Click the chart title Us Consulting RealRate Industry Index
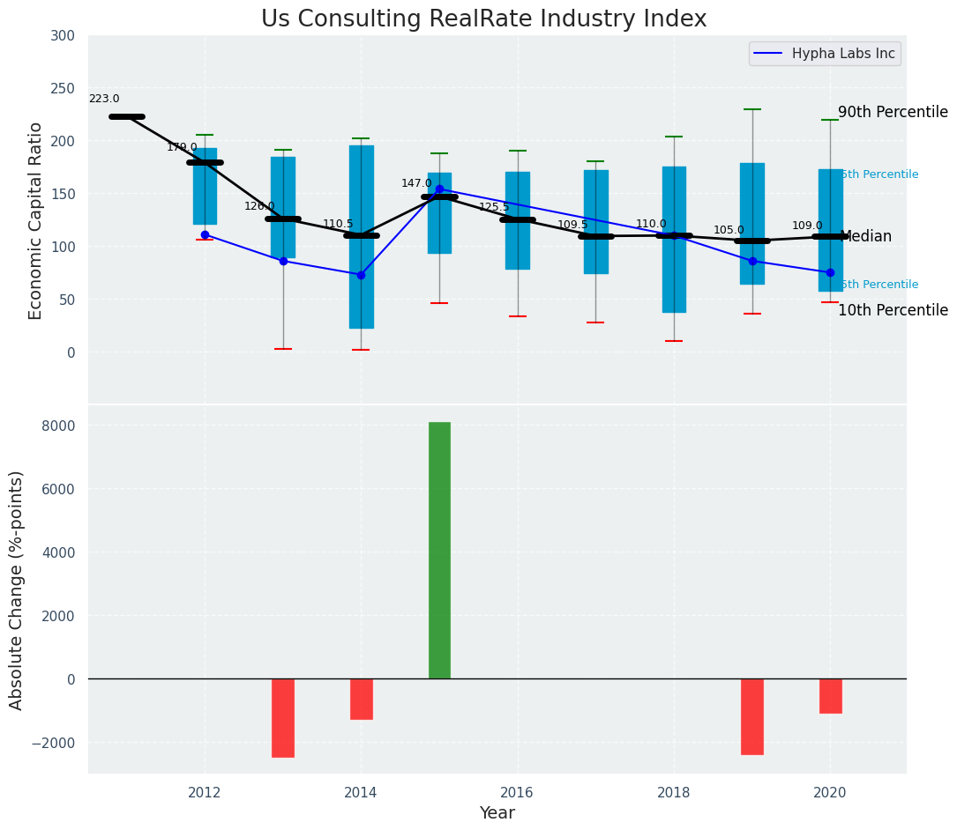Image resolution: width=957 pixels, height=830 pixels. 483,19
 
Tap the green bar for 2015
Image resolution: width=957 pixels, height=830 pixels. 439,551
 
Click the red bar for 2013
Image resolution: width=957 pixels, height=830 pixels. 283,717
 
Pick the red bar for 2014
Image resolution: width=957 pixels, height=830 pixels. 361,699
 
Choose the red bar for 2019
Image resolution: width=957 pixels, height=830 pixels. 752,716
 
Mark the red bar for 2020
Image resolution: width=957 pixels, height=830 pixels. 830,696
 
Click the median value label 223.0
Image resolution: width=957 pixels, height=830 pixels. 104,100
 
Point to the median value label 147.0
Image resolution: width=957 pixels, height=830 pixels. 416,183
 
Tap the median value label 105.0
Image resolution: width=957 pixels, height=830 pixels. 729,231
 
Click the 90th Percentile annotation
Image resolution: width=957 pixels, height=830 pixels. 893,113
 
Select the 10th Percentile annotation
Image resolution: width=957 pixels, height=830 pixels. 893,311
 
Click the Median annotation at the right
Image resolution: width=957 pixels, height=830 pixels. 865,237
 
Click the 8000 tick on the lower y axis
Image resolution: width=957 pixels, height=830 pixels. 59,426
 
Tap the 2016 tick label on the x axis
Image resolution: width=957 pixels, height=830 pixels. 517,792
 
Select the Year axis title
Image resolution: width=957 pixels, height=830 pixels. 497,813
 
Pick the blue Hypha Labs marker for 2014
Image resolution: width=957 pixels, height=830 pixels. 361,275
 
